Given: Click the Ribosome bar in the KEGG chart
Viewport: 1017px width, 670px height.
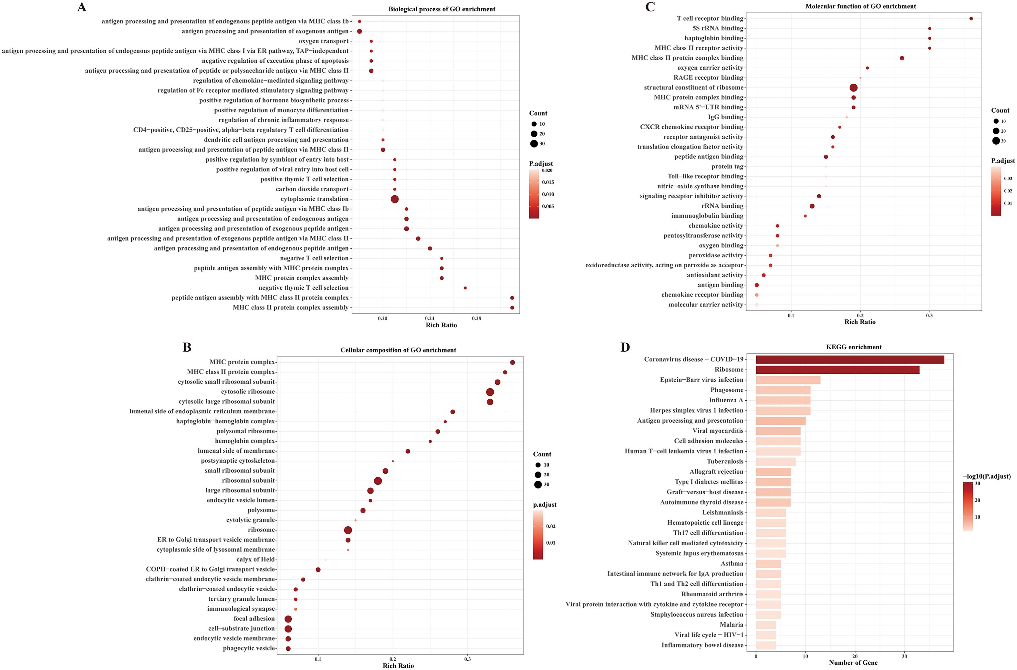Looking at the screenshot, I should click(x=837, y=370).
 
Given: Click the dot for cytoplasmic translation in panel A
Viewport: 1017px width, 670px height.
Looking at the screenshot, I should click(x=394, y=199).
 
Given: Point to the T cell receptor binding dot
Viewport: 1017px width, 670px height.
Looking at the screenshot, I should click(x=971, y=18).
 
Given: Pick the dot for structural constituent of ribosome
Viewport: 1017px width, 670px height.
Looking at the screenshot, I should click(x=853, y=87).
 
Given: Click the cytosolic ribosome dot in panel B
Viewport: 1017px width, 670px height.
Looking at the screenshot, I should click(x=490, y=392).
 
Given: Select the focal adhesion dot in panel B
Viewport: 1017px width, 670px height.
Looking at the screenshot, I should click(x=288, y=619).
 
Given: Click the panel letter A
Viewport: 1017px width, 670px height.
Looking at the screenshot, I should click(x=81, y=7).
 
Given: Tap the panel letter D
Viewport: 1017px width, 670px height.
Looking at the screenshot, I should click(x=625, y=347).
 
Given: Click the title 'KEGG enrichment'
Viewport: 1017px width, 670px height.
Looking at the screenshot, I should click(x=853, y=347).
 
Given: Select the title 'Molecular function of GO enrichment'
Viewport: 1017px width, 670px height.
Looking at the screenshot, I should click(x=861, y=6).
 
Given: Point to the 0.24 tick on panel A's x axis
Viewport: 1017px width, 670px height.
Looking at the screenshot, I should click(x=429, y=318).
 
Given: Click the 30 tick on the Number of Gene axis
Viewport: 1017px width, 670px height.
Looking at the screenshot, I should click(x=904, y=656).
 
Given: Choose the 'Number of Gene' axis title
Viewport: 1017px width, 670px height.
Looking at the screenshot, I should click(x=853, y=663).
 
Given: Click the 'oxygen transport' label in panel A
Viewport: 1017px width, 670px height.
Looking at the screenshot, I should click(x=323, y=41).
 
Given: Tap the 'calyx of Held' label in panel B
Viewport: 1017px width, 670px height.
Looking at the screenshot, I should click(x=256, y=559).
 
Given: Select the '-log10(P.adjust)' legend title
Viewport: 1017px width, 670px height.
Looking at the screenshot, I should click(x=986, y=476).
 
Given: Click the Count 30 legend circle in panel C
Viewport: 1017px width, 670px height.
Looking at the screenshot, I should click(x=996, y=141).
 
